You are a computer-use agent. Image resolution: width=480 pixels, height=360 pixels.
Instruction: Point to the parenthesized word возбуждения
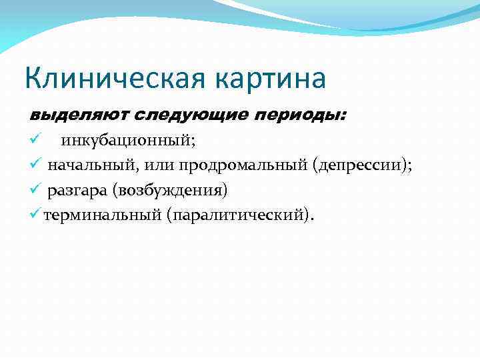tap(170, 191)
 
